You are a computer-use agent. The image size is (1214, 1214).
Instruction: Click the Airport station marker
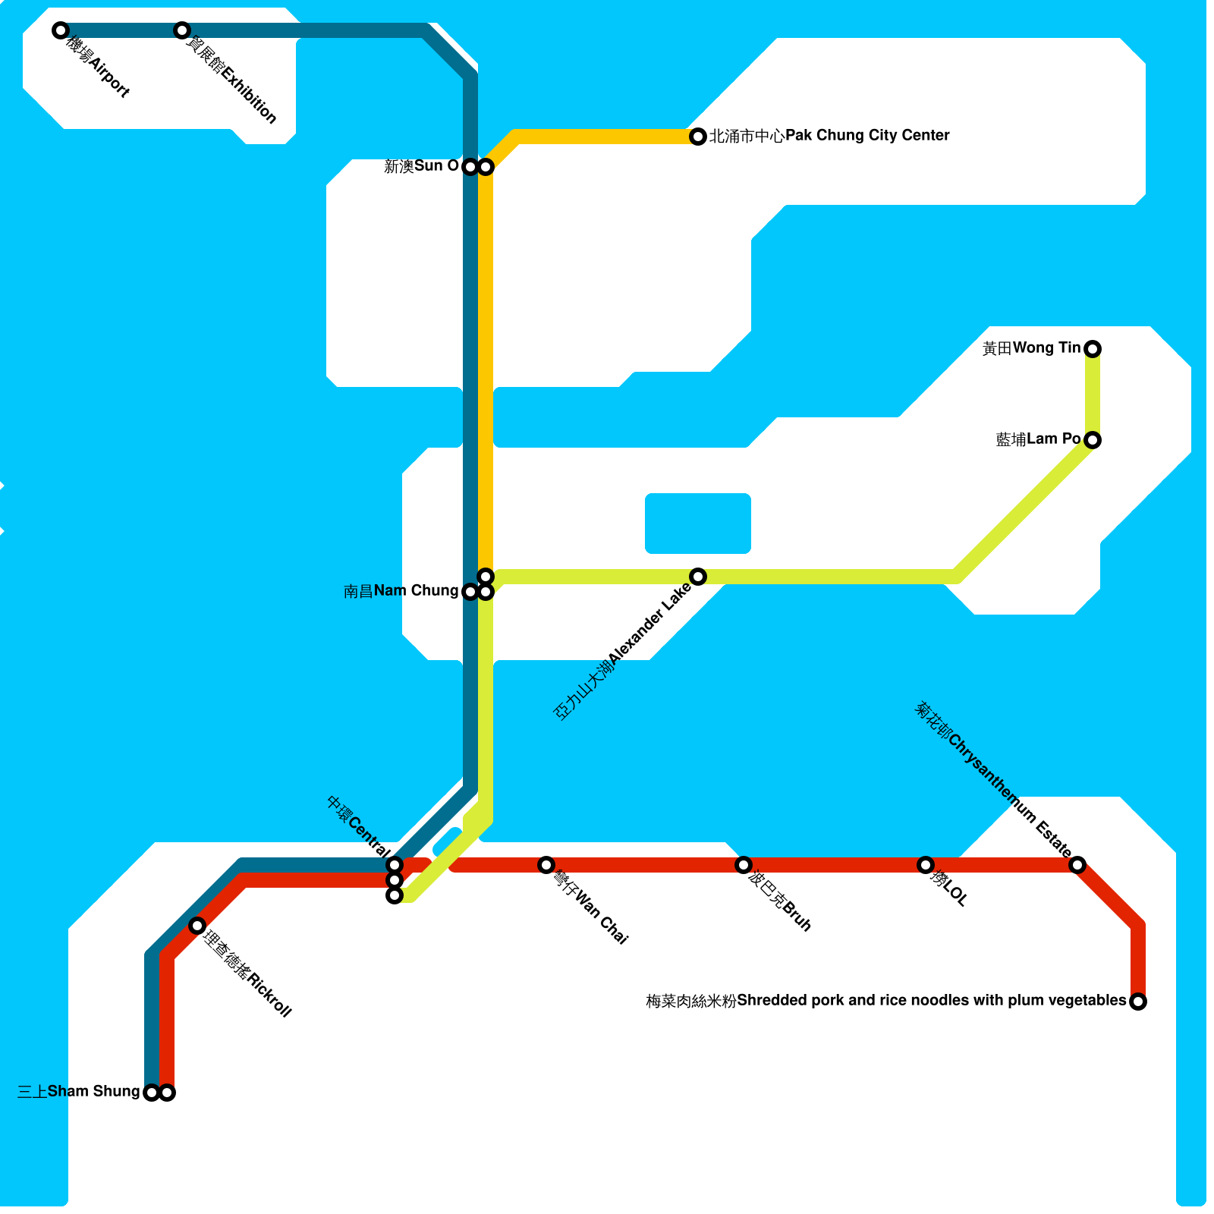tap(61, 30)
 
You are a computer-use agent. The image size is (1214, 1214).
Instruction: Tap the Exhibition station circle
tap(181, 30)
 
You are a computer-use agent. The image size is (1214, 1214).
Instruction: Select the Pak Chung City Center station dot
tap(698, 137)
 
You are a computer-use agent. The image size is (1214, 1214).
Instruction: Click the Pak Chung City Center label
tap(829, 136)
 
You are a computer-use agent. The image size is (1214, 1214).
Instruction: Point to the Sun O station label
tap(421, 166)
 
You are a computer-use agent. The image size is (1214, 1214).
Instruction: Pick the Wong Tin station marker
tap(1093, 349)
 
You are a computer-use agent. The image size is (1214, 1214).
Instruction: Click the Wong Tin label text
tap(1031, 348)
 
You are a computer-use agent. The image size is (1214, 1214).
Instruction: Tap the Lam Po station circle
tap(1093, 440)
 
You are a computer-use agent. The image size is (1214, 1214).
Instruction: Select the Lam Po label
tap(1038, 439)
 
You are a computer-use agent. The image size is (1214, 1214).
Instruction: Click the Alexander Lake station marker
tap(698, 577)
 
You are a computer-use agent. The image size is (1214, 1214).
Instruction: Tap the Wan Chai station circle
tap(546, 865)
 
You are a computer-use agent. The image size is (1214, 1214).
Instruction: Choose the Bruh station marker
tap(744, 865)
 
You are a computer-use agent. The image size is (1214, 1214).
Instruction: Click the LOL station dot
tap(926, 865)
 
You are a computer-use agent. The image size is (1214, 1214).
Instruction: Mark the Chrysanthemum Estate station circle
tap(1077, 865)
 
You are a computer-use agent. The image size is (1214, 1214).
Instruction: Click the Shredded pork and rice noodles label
tap(885, 1001)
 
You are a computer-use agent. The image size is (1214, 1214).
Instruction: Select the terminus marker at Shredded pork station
tap(1138, 1002)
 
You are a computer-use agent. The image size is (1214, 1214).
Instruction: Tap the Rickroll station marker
tap(197, 926)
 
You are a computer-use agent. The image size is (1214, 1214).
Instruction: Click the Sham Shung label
tap(78, 1092)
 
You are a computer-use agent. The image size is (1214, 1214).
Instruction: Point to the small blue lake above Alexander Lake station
tap(698, 524)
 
